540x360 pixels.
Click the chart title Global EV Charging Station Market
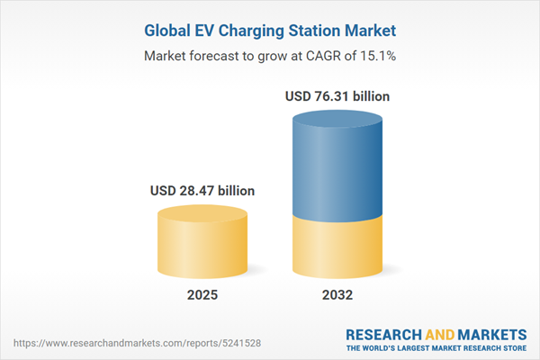(x=270, y=31)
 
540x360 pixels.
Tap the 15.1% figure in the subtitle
(x=378, y=56)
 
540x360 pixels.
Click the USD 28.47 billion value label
(x=202, y=191)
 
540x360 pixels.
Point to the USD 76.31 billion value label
(x=337, y=95)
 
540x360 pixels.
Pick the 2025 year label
(x=202, y=295)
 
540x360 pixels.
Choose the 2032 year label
(x=337, y=295)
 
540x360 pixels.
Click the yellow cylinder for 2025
(x=202, y=247)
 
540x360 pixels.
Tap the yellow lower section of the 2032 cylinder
(x=337, y=247)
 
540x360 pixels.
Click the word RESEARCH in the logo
(x=382, y=332)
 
